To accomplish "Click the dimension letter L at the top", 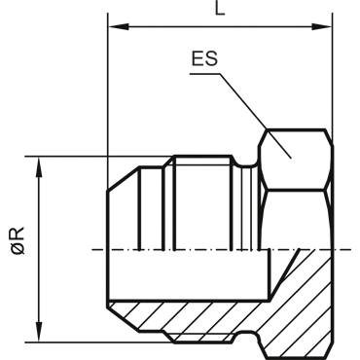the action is [x=220, y=9].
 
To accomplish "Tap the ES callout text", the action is [x=204, y=58].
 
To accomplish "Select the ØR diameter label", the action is [x=18, y=240].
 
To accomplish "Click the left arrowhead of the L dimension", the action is [x=119, y=26].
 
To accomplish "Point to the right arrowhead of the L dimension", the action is [x=322, y=26].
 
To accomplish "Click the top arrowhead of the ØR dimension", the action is [x=39, y=167].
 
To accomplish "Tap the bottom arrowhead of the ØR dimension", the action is [x=39, y=332].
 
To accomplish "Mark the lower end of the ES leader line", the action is [x=291, y=158].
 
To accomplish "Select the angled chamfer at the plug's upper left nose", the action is [x=124, y=179].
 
